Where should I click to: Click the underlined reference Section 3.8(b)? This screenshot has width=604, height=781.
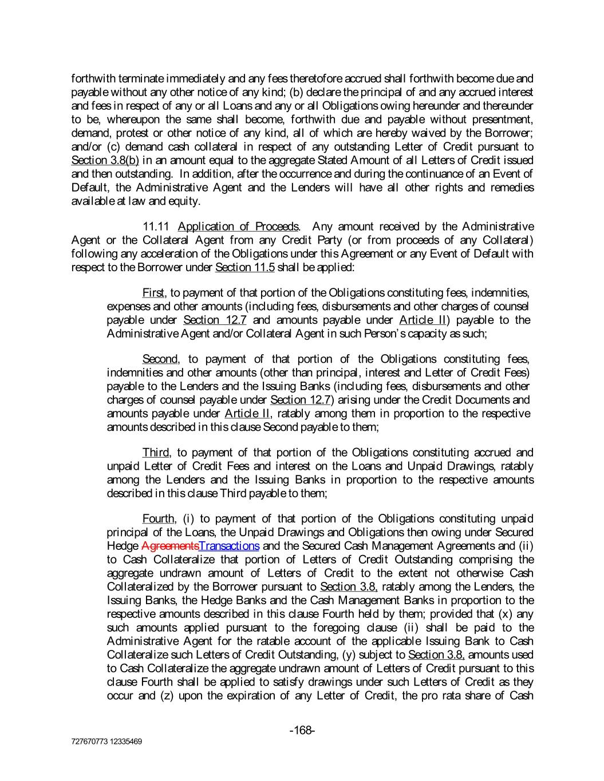[105, 160]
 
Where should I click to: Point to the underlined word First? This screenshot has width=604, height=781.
[153, 294]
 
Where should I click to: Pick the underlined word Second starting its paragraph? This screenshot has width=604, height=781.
[160, 359]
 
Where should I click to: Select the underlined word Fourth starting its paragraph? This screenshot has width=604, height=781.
[159, 519]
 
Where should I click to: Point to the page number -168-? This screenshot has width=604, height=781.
[302, 730]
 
